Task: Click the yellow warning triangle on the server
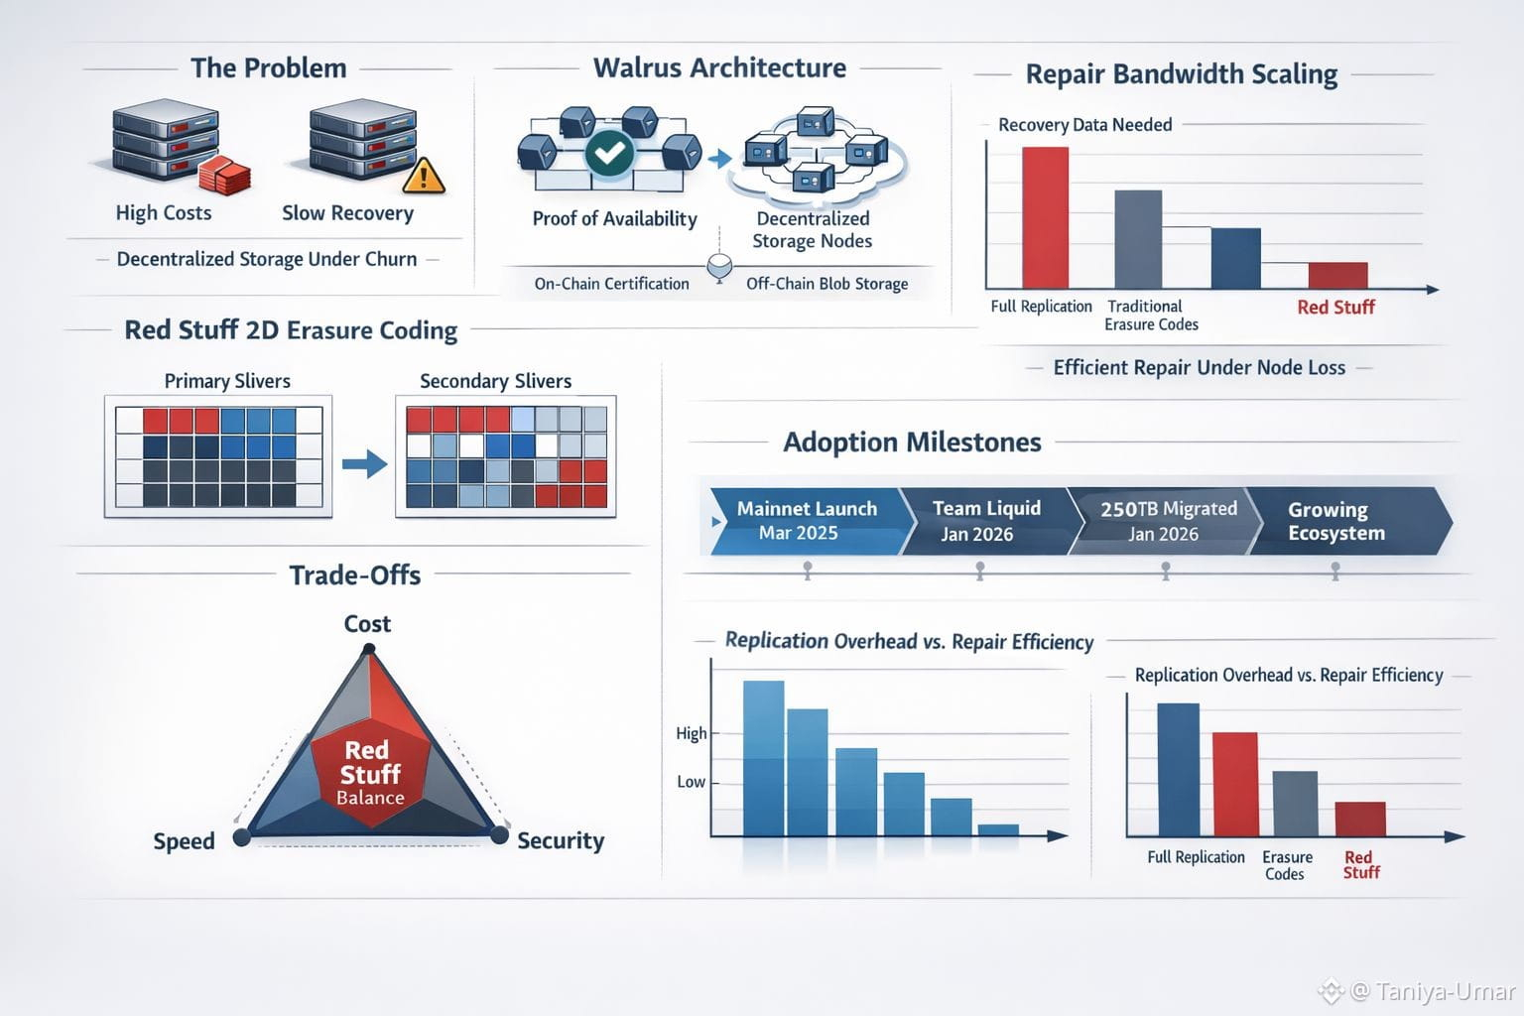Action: pyautogui.click(x=425, y=176)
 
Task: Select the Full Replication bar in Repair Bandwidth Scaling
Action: pyautogui.click(x=1045, y=217)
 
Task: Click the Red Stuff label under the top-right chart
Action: pyautogui.click(x=1335, y=308)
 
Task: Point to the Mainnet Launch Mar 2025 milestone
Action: pyautogui.click(x=806, y=521)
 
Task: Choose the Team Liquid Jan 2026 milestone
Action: pyautogui.click(x=985, y=521)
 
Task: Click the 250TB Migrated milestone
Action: pyautogui.click(x=1167, y=521)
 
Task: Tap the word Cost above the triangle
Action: pyautogui.click(x=367, y=624)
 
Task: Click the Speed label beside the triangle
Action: pyautogui.click(x=184, y=841)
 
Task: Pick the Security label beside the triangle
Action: pyautogui.click(x=561, y=841)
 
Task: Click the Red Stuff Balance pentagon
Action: pyautogui.click(x=370, y=772)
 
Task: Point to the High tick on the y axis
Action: pyautogui.click(x=692, y=733)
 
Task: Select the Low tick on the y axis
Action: pyautogui.click(x=692, y=782)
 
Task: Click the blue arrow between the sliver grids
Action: pyautogui.click(x=364, y=463)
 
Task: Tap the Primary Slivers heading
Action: pyautogui.click(x=227, y=381)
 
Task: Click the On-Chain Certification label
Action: pyautogui.click(x=611, y=284)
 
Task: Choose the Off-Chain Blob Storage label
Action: pyautogui.click(x=826, y=284)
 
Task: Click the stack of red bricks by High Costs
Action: pyautogui.click(x=224, y=177)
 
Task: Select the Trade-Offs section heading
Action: pyautogui.click(x=354, y=575)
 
